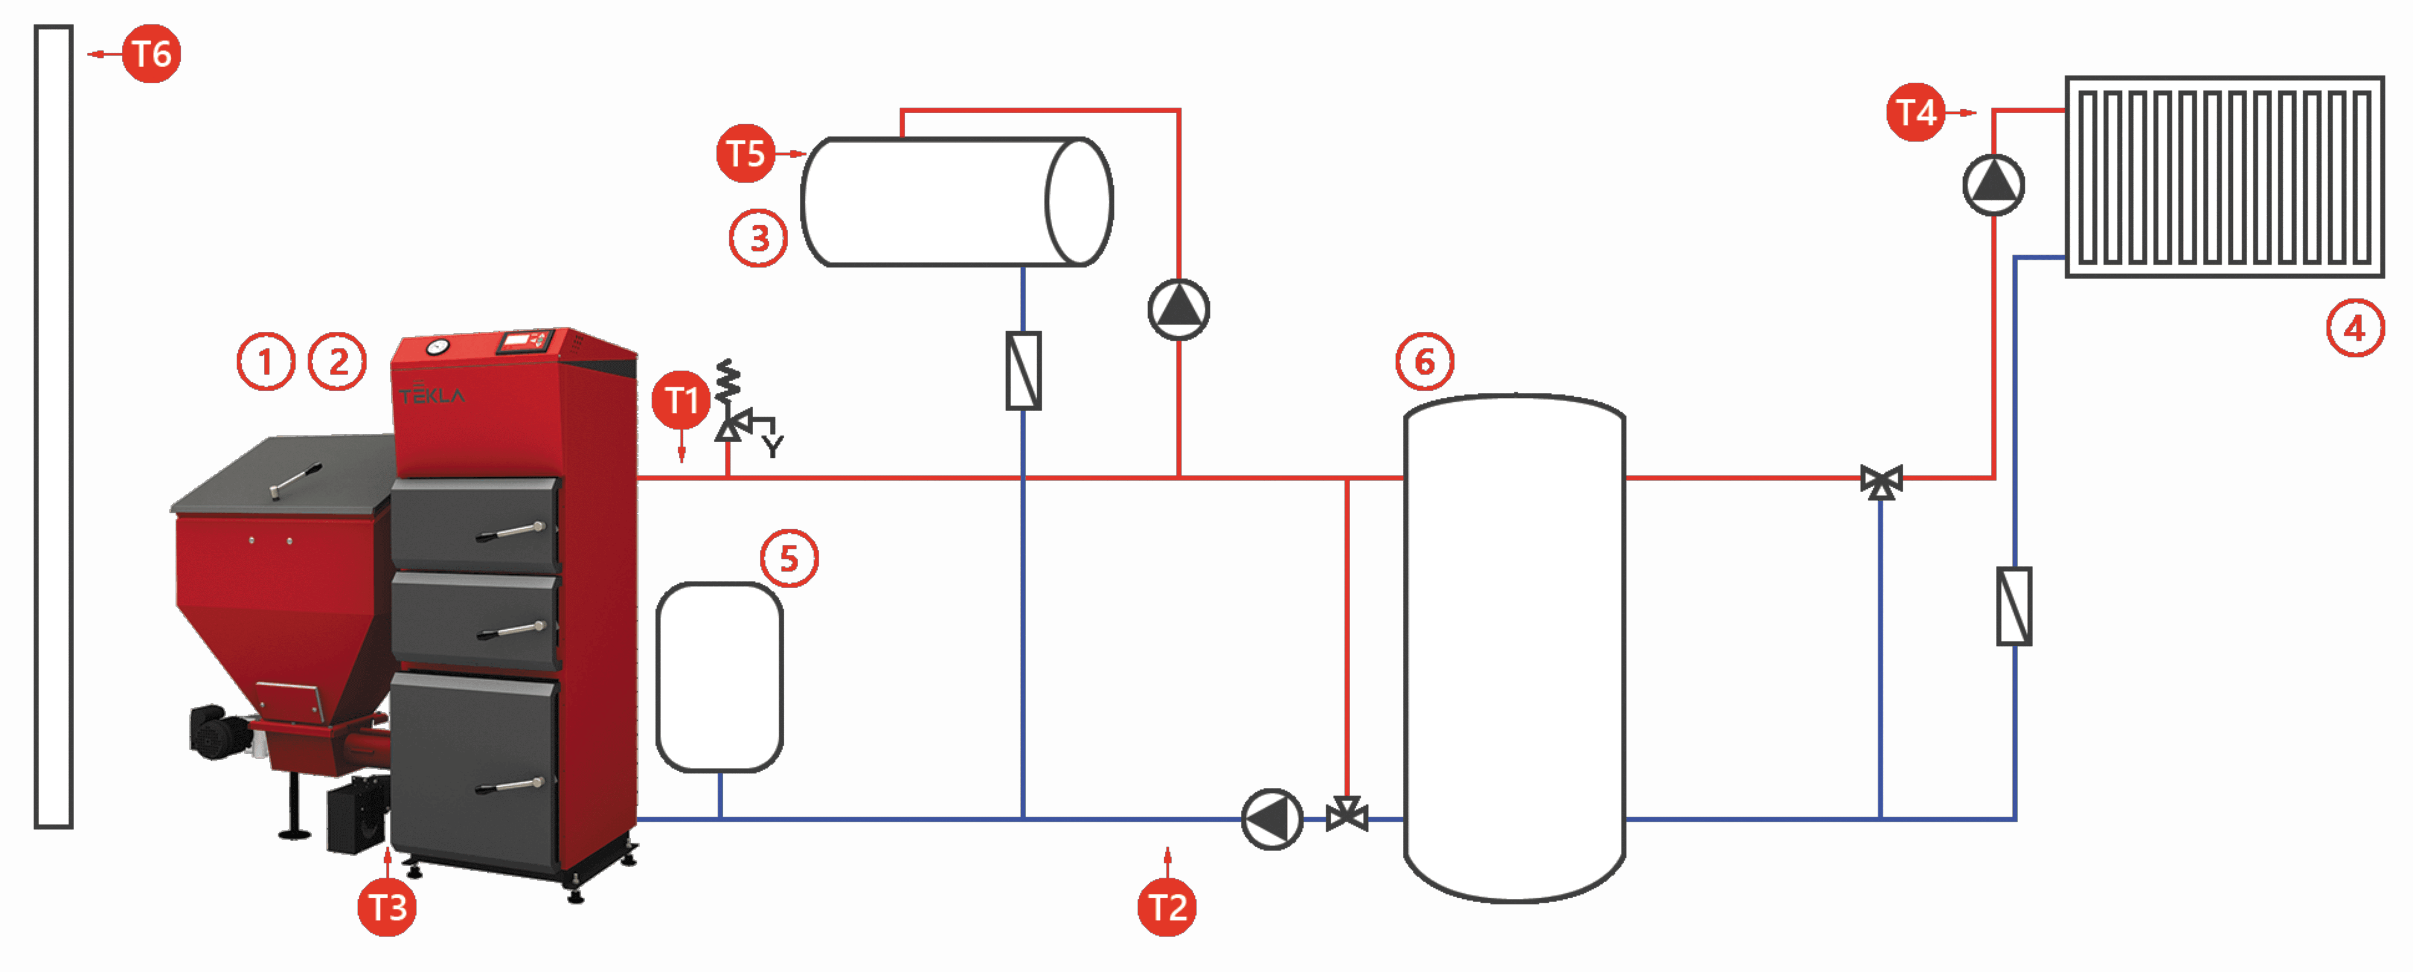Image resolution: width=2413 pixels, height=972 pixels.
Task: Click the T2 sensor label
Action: pyautogui.click(x=1167, y=907)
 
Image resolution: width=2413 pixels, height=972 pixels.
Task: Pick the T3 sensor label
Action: pyautogui.click(x=387, y=907)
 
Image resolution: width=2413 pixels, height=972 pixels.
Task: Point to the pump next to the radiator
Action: pyautogui.click(x=1993, y=185)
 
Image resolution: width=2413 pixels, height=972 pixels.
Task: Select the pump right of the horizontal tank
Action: pyautogui.click(x=1179, y=309)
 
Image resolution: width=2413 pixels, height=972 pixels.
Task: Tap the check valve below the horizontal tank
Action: pyautogui.click(x=1023, y=371)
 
